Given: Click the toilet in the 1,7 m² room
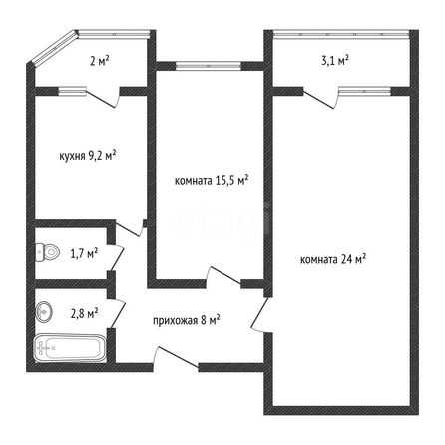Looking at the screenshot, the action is tap(47, 252).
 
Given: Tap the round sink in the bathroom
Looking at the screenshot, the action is tap(44, 311).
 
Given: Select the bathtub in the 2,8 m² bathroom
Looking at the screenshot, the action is tap(70, 348).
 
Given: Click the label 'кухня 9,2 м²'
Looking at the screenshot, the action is tap(88, 156).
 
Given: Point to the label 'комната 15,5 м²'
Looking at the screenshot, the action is tap(212, 180).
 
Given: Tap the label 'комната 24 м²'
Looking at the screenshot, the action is tap(333, 259).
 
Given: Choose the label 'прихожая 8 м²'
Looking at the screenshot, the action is tap(187, 321).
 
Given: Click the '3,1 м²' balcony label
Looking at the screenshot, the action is tap(335, 61).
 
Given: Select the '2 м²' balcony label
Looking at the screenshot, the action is tap(100, 61).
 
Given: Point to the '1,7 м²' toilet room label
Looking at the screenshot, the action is tap(84, 254).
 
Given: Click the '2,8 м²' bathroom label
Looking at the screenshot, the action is tap(84, 313).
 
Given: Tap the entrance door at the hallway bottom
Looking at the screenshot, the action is tap(176, 358).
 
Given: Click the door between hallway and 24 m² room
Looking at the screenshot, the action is tap(261, 314).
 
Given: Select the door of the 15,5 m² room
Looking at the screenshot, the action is tap(223, 276).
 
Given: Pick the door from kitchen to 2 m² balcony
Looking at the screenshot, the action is tap(103, 98).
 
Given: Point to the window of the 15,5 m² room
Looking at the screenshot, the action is tap(209, 66).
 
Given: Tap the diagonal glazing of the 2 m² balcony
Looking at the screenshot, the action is tap(54, 47).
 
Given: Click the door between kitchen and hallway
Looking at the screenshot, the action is tap(129, 228).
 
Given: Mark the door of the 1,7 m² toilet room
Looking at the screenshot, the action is tap(117, 258).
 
